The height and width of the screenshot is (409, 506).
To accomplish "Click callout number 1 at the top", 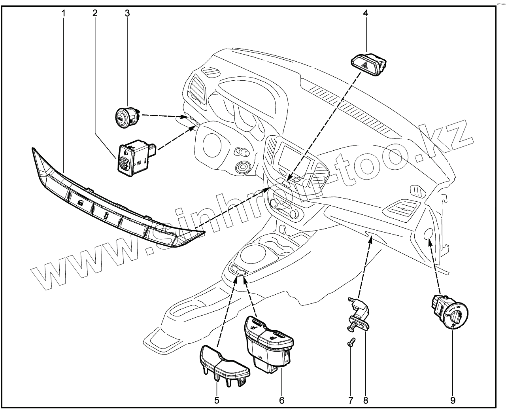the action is (63, 13).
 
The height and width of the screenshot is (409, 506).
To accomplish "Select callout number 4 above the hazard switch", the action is (366, 13).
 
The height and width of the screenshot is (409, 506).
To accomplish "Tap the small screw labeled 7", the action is (351, 345).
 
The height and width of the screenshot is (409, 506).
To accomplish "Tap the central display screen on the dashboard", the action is (297, 158).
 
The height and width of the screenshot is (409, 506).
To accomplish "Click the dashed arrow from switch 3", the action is (162, 116).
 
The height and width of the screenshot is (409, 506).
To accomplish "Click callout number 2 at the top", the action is (95, 13).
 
